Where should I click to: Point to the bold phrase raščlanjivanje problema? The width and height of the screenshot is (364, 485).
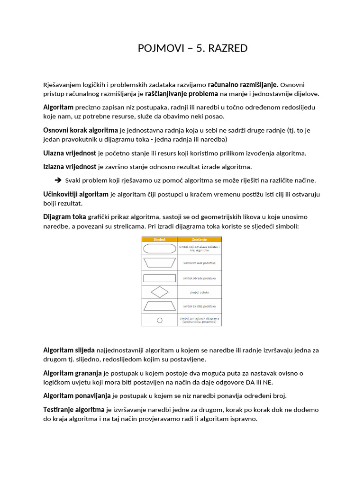[x=182, y=94]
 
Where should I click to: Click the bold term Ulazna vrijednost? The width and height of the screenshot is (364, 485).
[x=70, y=153]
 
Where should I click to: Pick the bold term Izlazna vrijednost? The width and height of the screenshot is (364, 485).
[x=70, y=167]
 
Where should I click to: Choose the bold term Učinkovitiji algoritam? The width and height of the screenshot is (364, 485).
[x=76, y=194]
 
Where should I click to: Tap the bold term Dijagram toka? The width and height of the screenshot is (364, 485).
[x=64, y=217]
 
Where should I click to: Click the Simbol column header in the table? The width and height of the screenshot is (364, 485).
[x=159, y=239]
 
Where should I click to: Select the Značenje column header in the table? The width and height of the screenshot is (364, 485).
[x=199, y=239]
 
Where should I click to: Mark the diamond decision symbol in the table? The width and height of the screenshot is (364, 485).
[x=159, y=292]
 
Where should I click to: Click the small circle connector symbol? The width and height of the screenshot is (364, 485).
[x=159, y=320]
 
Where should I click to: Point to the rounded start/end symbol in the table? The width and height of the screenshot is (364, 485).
[x=159, y=248]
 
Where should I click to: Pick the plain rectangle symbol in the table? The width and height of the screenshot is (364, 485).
[x=159, y=278]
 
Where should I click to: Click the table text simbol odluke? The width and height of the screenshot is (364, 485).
[x=199, y=292]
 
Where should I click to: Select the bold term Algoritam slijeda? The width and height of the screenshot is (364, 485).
[x=69, y=350]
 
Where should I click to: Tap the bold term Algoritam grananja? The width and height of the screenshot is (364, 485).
[x=73, y=373]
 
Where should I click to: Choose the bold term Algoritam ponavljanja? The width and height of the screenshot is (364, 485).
[x=77, y=396]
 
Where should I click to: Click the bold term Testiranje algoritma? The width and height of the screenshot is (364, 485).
[x=73, y=410]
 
